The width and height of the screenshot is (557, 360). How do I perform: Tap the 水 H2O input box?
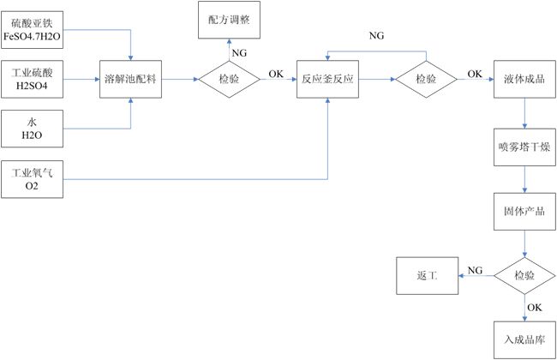click(33, 129)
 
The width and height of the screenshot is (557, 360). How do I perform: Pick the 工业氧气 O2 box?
click(33, 179)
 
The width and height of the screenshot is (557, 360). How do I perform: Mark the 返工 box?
click(426, 276)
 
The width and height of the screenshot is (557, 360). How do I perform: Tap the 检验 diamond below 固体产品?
click(524, 276)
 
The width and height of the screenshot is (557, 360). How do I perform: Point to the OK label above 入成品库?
click(534, 307)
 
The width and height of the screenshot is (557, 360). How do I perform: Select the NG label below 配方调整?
click(240, 53)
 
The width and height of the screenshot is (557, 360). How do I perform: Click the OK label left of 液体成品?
click(475, 73)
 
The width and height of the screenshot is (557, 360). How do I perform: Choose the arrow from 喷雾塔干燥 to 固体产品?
click(524, 178)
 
